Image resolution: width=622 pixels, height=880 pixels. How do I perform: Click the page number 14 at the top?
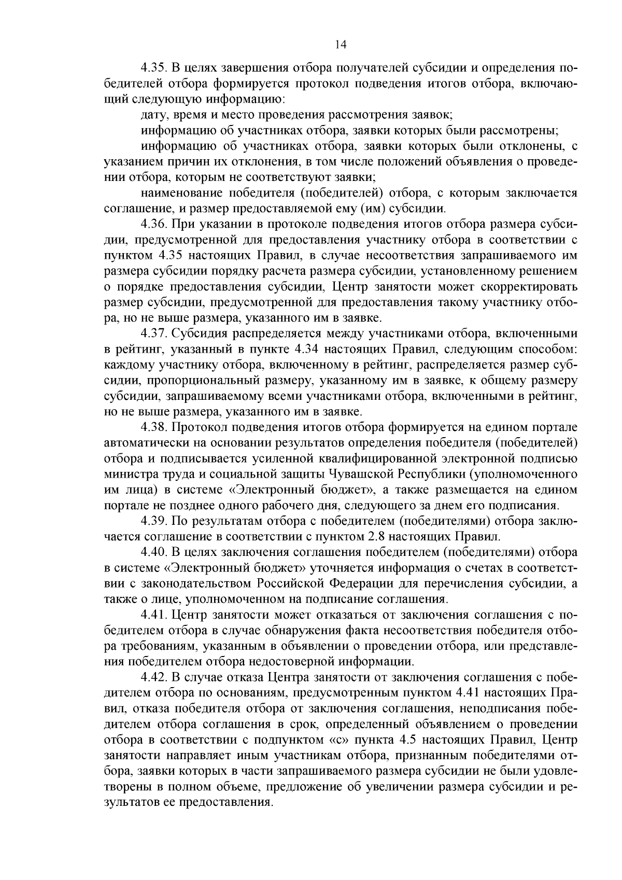[x=340, y=44]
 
